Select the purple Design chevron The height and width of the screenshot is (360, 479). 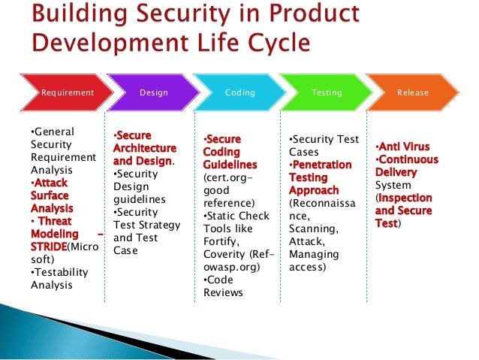tap(152, 92)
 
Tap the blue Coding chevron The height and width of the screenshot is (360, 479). tap(240, 92)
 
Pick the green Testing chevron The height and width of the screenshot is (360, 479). tap(327, 92)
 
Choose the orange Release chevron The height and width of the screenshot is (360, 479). tap(412, 92)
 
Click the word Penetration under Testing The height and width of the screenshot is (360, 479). tap(321, 165)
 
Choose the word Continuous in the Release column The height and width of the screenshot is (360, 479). tap(407, 160)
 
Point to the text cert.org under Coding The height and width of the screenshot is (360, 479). tap(225, 178)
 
